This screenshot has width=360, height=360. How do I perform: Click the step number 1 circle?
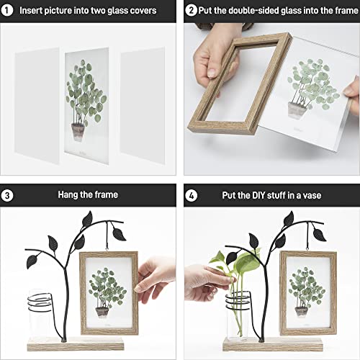point(9,11)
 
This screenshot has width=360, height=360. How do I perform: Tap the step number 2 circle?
point(192,11)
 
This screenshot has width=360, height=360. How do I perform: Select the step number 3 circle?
point(9,194)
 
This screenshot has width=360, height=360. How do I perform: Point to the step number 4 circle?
point(192,194)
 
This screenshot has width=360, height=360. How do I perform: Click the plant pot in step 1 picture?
point(78,132)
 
